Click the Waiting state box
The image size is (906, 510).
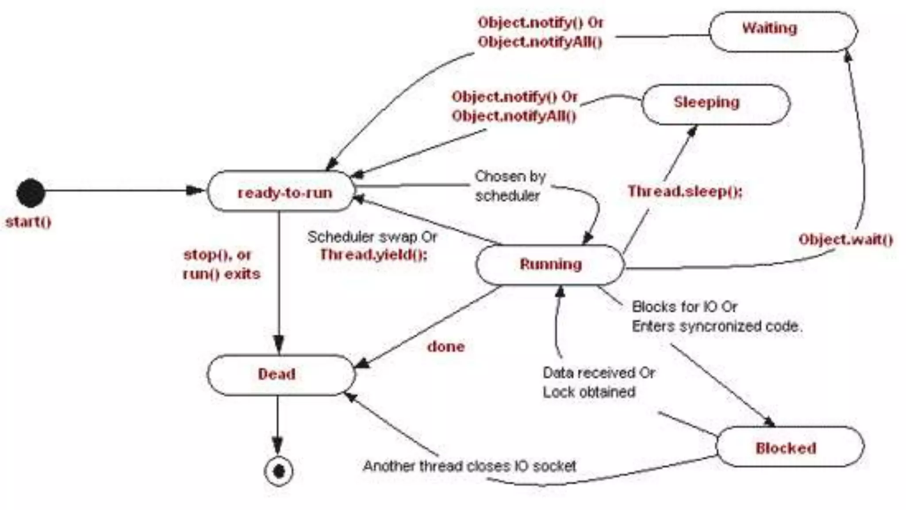783,31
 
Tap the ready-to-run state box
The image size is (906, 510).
281,192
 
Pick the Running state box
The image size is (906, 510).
550,264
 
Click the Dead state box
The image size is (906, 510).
280,375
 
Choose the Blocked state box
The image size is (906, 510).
790,447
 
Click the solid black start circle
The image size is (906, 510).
31,193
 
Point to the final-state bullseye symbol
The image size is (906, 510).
278,471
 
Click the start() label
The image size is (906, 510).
28,222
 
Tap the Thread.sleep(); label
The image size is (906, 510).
685,191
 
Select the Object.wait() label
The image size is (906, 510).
845,240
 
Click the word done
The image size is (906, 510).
446,346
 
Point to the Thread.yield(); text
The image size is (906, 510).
374,255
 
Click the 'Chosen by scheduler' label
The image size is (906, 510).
510,186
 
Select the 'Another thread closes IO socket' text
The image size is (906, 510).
469,466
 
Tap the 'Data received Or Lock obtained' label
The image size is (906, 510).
598,382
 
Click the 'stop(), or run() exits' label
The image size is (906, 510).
221,264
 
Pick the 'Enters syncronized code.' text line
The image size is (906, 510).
717,326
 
